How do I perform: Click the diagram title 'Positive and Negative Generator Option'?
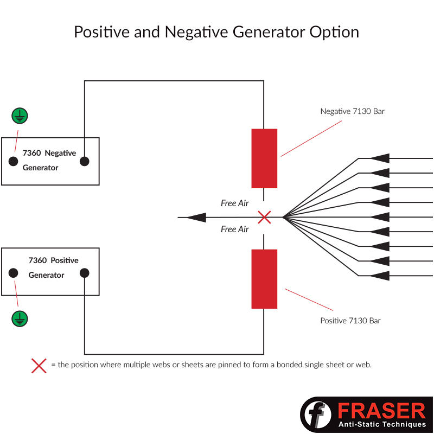(x=216, y=32)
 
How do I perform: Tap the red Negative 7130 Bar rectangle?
(x=264, y=158)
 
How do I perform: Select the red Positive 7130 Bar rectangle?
(x=264, y=279)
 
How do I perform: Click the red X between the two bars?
(x=264, y=217)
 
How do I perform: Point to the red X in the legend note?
(x=39, y=366)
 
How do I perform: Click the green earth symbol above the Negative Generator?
(x=20, y=116)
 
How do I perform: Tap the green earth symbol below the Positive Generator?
(x=20, y=318)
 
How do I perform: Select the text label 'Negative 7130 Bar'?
(x=352, y=111)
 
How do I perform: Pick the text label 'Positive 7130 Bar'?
(x=350, y=321)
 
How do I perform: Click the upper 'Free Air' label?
(x=234, y=203)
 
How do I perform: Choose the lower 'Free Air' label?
(x=234, y=229)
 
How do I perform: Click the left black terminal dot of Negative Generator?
(x=14, y=161)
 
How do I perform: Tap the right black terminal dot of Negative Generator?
(x=84, y=161)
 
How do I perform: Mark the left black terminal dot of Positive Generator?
(x=14, y=273)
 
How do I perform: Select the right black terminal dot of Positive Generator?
(x=84, y=273)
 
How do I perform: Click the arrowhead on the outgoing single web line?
(x=197, y=218)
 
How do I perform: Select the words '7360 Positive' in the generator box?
(x=53, y=260)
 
